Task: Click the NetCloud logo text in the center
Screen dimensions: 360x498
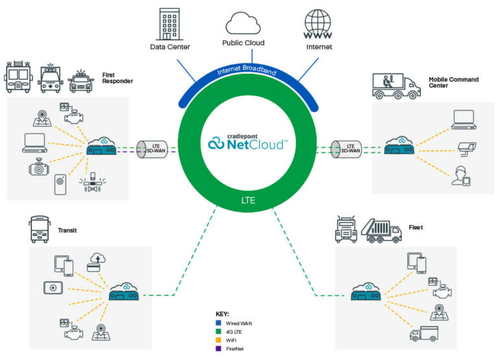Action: [246, 142]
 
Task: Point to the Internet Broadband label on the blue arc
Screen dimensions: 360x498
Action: [246, 72]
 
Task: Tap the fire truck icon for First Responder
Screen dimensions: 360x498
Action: [18, 78]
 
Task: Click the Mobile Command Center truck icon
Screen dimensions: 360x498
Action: [394, 86]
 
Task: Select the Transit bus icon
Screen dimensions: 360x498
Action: [39, 231]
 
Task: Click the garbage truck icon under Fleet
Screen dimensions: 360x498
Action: [383, 230]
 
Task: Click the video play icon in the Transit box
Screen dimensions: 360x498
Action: [52, 287]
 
